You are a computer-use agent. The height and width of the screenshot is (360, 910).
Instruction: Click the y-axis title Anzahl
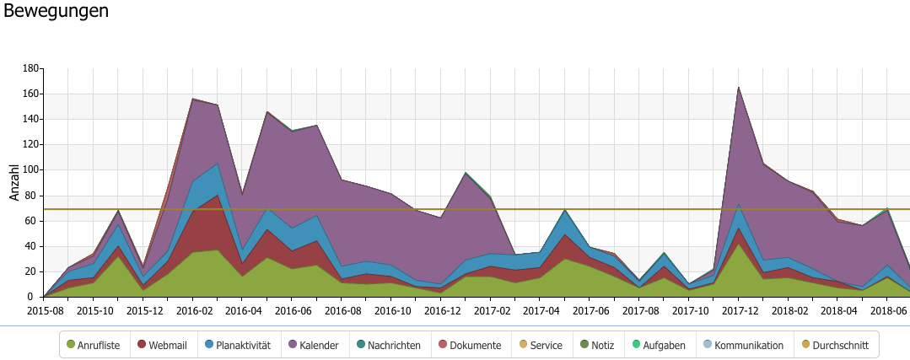pyautogui.click(x=13, y=182)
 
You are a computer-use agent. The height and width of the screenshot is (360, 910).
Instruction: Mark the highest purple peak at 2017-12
pyautogui.click(x=738, y=87)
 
